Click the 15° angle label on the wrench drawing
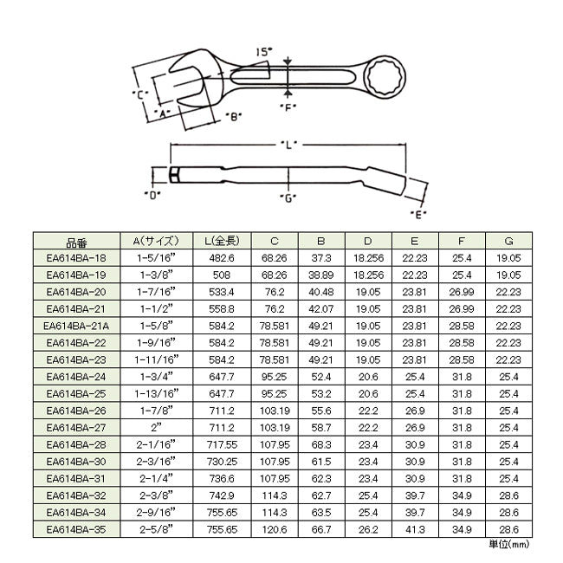(264, 52)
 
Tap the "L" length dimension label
(288, 145)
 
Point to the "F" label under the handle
(288, 107)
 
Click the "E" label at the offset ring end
(418, 215)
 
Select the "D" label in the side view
(152, 196)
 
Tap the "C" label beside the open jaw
(140, 94)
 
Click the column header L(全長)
(223, 241)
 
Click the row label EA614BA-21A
(76, 326)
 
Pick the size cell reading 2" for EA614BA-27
(157, 427)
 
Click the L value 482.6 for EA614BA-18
(222, 258)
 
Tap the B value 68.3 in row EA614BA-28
(321, 445)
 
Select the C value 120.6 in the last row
(275, 529)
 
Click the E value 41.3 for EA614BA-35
(415, 529)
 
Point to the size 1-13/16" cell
(157, 393)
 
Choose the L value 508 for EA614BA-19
(222, 275)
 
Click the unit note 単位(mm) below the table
(509, 544)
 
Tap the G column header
(508, 241)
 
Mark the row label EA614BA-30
(76, 462)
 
